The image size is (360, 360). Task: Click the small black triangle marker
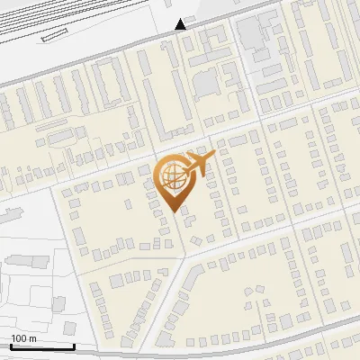[x=181, y=24]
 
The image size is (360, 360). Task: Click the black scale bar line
[x=41, y=346]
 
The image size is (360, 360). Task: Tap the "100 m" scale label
[x=23, y=338]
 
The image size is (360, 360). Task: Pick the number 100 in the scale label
[x=19, y=338]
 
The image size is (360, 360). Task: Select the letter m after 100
[x=32, y=338]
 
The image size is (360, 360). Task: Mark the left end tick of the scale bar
[x=10, y=345]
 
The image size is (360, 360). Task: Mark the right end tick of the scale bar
[x=74, y=345]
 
